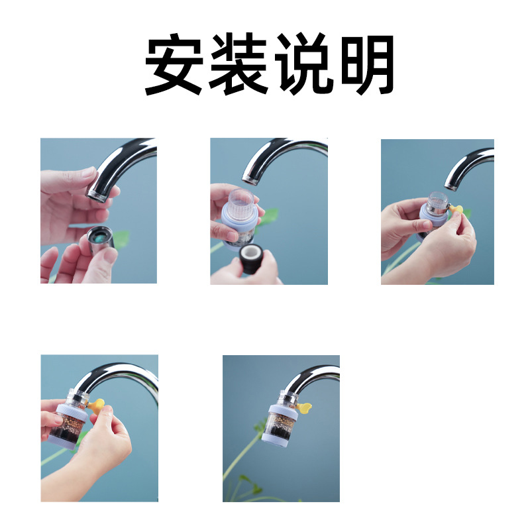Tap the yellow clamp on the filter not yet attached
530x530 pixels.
pyautogui.click(x=455, y=209)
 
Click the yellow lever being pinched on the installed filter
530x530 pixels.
pyautogui.click(x=97, y=403)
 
